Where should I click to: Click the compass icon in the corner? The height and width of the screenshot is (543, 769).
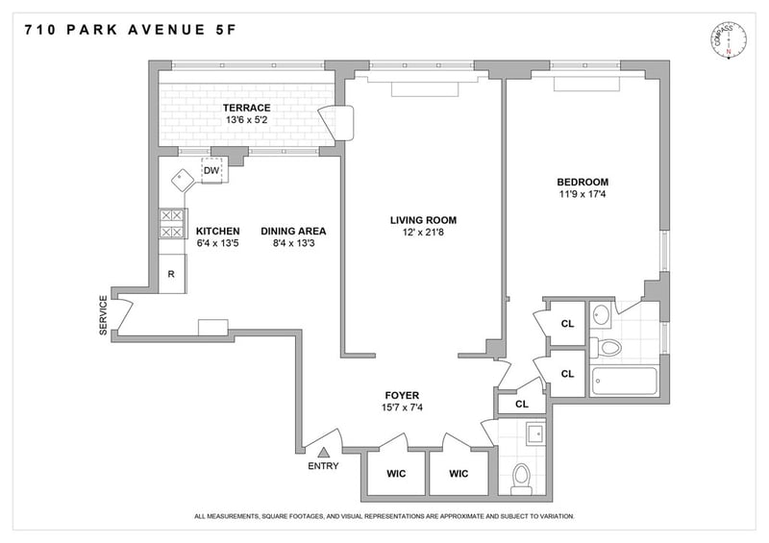click(729, 40)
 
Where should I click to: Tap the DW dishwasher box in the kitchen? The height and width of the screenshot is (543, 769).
click(211, 170)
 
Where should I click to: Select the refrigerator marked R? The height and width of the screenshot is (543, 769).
click(172, 274)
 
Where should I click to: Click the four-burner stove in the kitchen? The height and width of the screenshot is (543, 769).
click(172, 224)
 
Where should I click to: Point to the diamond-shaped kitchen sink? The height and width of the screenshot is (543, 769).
click(184, 180)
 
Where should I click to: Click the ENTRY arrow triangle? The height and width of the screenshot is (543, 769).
click(323, 453)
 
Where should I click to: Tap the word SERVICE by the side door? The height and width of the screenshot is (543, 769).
click(103, 315)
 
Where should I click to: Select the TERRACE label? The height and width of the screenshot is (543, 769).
click(247, 108)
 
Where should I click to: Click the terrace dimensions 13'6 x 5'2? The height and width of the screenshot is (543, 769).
click(247, 120)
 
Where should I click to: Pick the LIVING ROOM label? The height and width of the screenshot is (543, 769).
click(423, 220)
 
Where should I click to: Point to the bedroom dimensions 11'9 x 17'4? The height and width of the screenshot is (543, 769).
click(583, 194)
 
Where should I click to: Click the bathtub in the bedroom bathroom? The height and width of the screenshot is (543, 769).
click(624, 382)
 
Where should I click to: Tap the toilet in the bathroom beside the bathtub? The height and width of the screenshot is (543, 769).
click(606, 348)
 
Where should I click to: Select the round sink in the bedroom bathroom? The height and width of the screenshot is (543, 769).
click(600, 315)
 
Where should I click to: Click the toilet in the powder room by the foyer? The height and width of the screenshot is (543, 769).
click(521, 480)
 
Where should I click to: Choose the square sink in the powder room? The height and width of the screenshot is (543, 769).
click(535, 433)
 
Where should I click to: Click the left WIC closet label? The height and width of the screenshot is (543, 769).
click(396, 474)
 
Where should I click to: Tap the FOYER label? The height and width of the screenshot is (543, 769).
click(402, 395)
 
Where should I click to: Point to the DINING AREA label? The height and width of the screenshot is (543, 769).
click(293, 231)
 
